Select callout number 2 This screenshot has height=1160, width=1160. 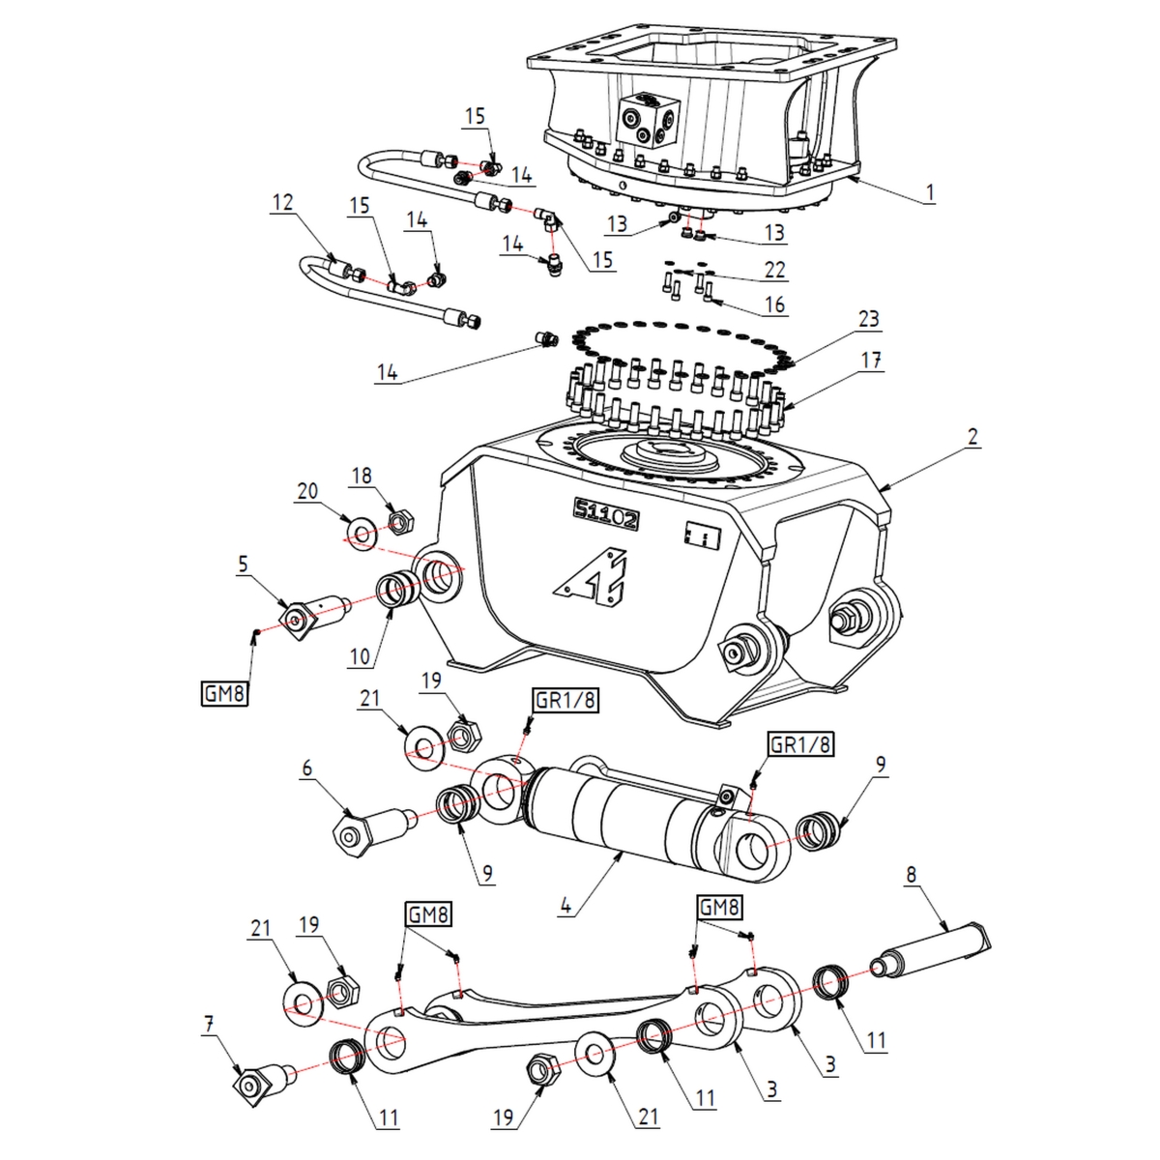point(972,438)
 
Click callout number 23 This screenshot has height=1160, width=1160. point(870,318)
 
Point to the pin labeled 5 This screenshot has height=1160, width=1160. point(309,616)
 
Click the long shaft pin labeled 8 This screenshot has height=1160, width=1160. point(933,943)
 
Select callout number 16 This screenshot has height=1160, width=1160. point(774,304)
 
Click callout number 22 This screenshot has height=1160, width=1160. point(774,271)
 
